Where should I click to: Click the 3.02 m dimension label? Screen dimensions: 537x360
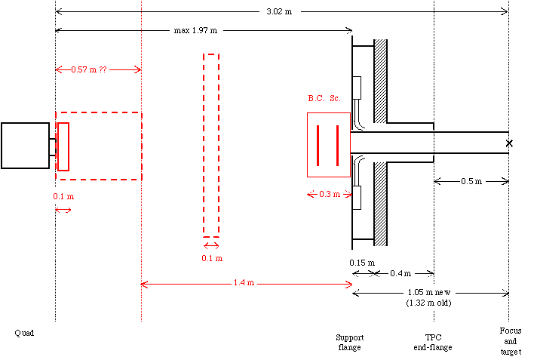coord(279,11)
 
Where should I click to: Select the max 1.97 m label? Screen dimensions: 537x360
coord(195,30)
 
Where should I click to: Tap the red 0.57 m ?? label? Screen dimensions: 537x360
coord(89,69)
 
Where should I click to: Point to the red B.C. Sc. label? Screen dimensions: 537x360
coord(324,98)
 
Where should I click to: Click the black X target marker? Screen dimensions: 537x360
coord(509,143)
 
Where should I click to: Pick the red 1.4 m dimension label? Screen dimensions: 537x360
coord(244,282)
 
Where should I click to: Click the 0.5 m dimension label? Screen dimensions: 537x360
coord(471,181)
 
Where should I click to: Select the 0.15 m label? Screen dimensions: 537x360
coord(362,263)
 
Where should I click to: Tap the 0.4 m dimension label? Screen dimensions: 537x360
coord(400,273)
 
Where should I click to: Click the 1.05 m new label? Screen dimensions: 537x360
coord(429,293)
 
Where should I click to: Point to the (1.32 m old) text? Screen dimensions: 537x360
coord(429,303)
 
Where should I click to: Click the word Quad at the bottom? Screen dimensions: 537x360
coord(24,333)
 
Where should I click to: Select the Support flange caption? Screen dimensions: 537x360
coord(350,342)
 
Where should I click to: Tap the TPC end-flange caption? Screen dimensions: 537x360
coord(433,342)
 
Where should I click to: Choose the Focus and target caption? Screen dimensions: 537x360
coord(511,341)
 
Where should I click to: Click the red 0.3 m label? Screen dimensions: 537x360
coord(330,195)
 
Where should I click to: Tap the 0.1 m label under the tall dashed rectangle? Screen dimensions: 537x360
coord(212,258)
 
